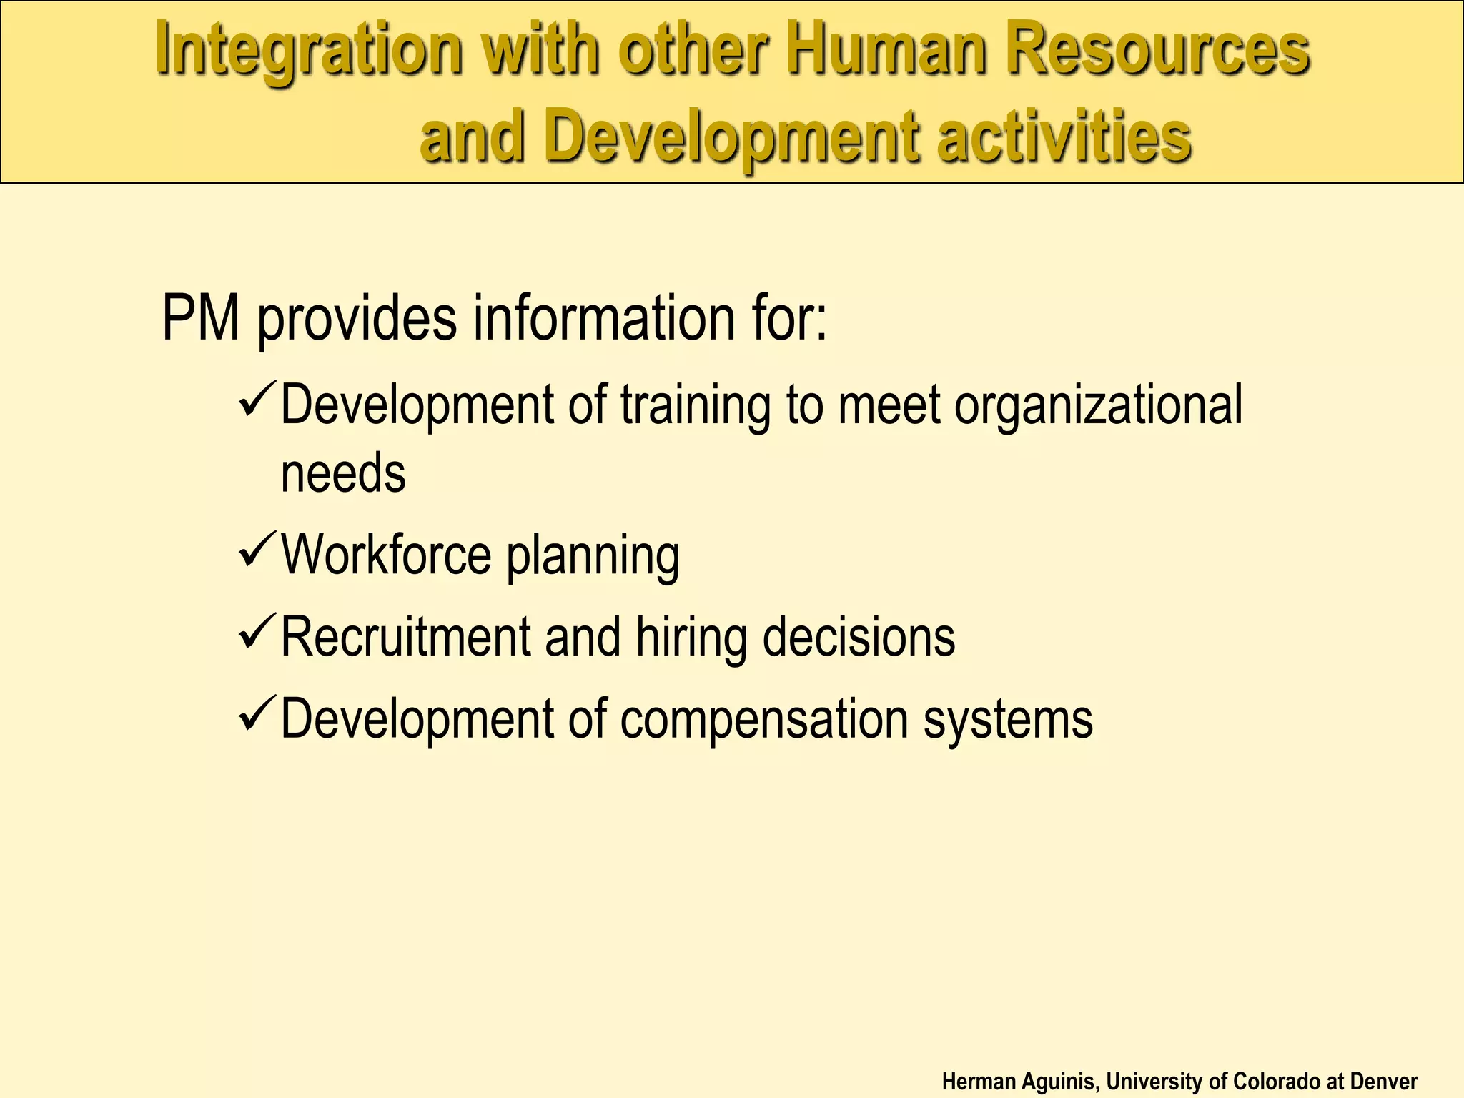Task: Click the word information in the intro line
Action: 604,318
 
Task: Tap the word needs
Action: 343,473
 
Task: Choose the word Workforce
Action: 386,555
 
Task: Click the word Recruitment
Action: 405,636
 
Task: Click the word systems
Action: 1008,719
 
